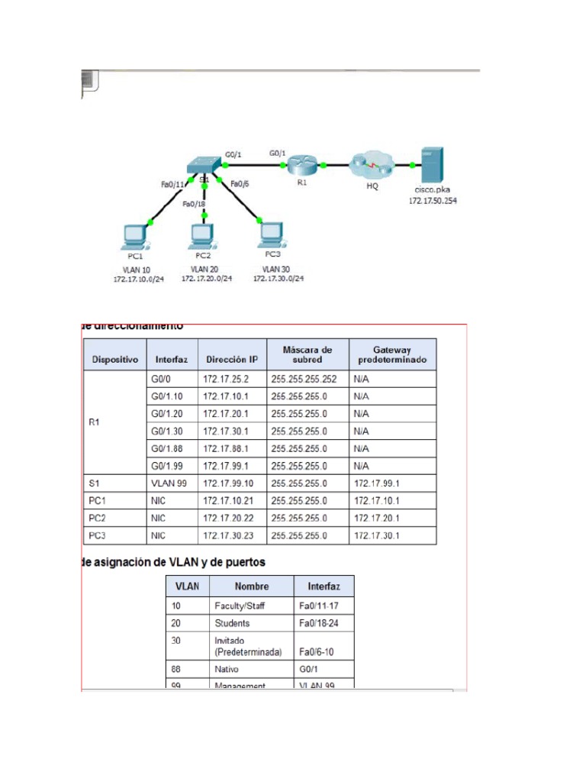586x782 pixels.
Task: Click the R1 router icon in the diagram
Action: coord(302,164)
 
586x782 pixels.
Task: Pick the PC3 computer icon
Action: coord(271,232)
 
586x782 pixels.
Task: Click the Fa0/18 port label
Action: coord(194,204)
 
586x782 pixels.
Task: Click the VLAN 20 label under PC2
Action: coord(203,270)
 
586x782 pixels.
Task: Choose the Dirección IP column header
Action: coord(232,358)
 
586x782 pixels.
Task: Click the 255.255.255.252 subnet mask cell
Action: coord(307,378)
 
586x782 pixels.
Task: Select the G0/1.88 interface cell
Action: coord(169,448)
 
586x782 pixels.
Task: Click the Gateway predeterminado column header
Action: coord(392,354)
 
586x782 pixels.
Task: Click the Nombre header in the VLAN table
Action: coord(252,586)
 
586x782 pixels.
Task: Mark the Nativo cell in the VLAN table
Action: coord(228,668)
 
